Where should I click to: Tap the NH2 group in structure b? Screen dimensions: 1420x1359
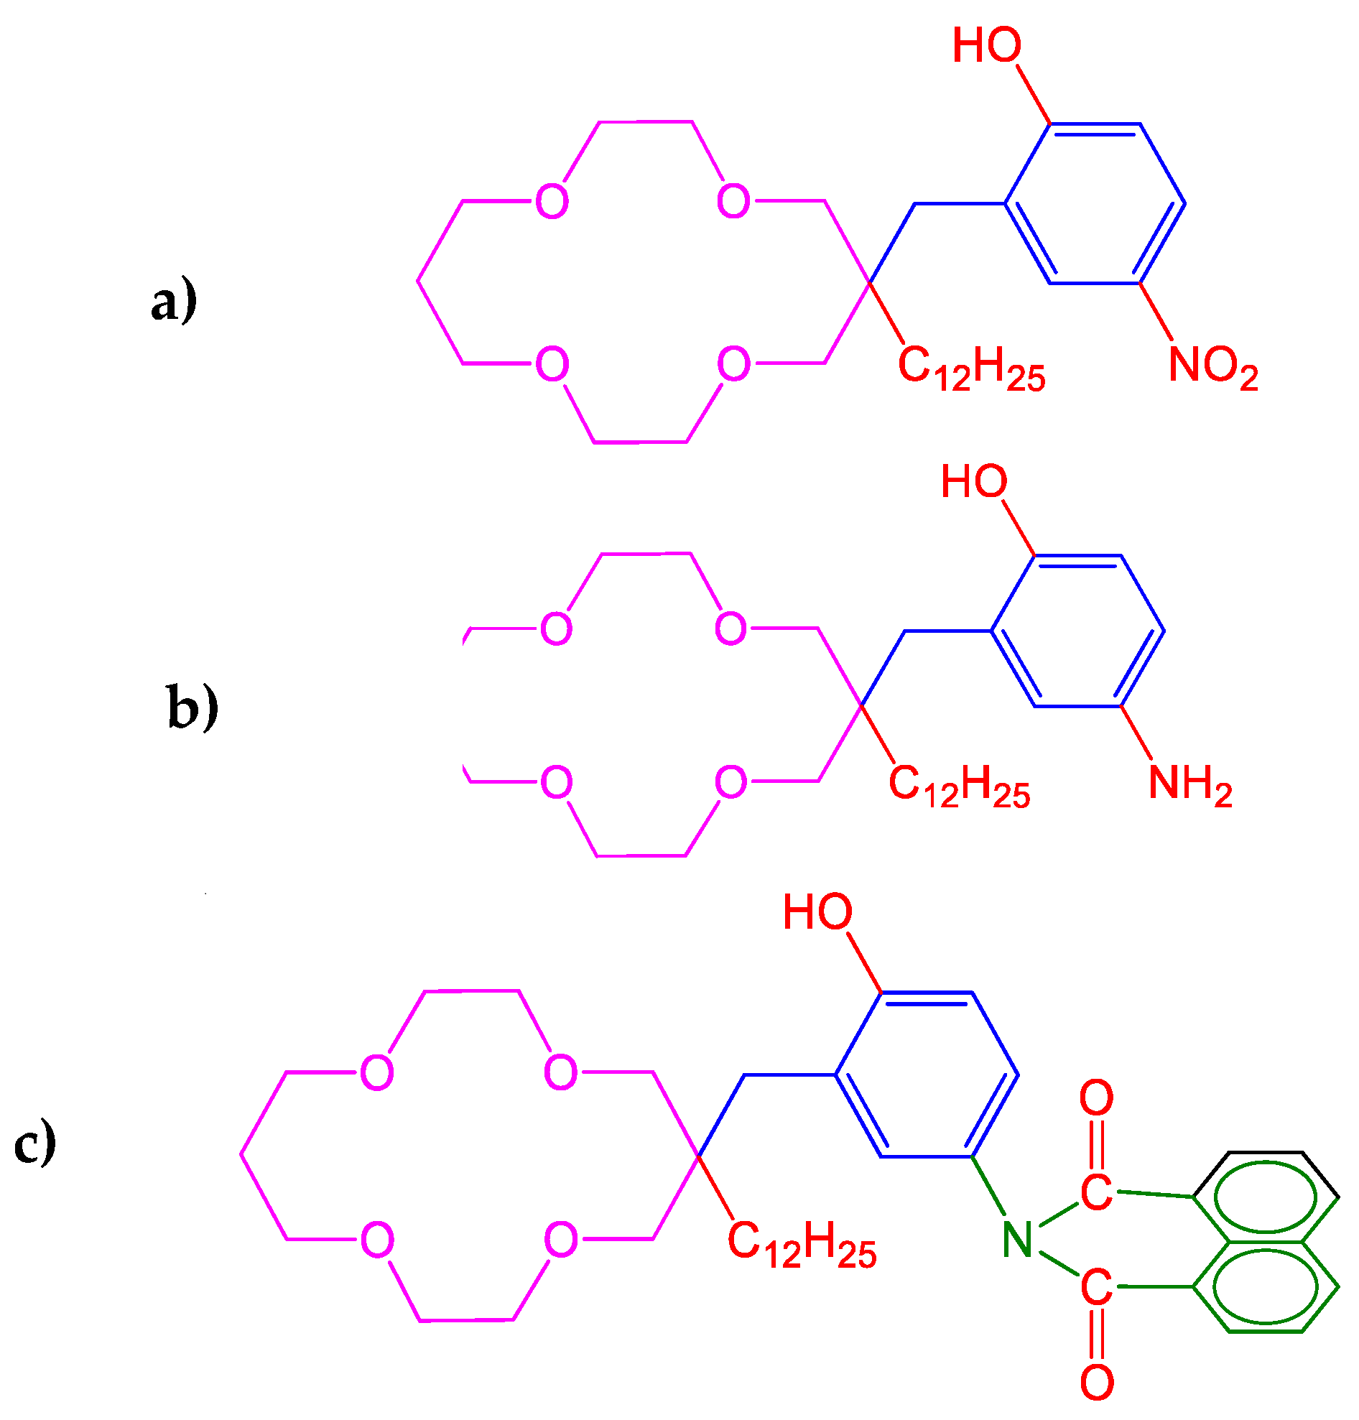pyautogui.click(x=1190, y=784)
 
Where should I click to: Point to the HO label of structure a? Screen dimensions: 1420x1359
pyautogui.click(x=987, y=45)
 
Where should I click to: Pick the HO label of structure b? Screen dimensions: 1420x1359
pyautogui.click(x=973, y=482)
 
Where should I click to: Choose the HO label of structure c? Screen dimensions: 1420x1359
pyautogui.click(x=817, y=911)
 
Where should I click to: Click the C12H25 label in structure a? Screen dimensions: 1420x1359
pyautogui.click(x=971, y=367)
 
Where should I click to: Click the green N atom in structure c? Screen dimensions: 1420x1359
pyautogui.click(x=1018, y=1240)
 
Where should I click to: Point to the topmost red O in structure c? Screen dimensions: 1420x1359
pyautogui.click(x=1097, y=1098)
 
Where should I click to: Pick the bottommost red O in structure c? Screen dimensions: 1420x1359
pyautogui.click(x=1097, y=1383)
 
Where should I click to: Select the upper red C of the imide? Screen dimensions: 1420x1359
pyautogui.click(x=1097, y=1192)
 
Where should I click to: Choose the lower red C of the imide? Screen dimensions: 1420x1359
pyautogui.click(x=1097, y=1287)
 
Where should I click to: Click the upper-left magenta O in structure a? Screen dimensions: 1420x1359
pyautogui.click(x=552, y=200)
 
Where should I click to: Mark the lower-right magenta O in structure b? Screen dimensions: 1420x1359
pyautogui.click(x=731, y=782)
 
